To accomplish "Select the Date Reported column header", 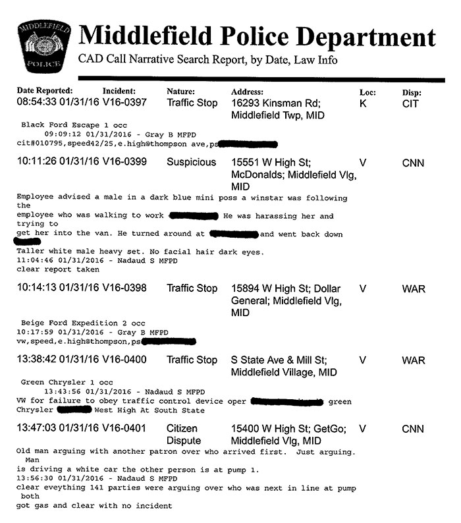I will point(45,91).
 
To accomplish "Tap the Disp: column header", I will point(412,93).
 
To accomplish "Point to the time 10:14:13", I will point(36,288).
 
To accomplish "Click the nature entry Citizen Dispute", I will point(183,434).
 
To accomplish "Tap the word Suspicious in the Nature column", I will point(191,162).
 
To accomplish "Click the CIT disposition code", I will point(410,103).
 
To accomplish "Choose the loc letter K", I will point(363,103).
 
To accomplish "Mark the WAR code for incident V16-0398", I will point(413,289).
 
